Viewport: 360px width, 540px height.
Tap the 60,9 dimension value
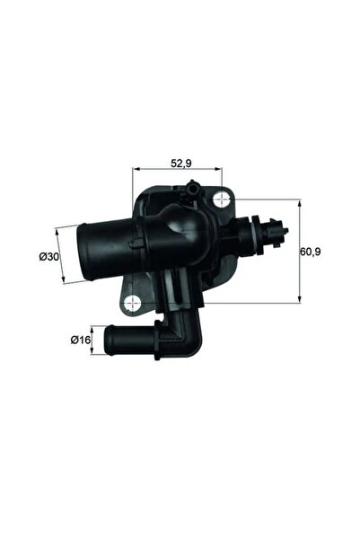coord(311,252)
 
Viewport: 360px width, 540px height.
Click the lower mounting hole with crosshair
coord(136,303)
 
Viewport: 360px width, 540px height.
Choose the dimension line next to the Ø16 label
coord(92,340)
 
